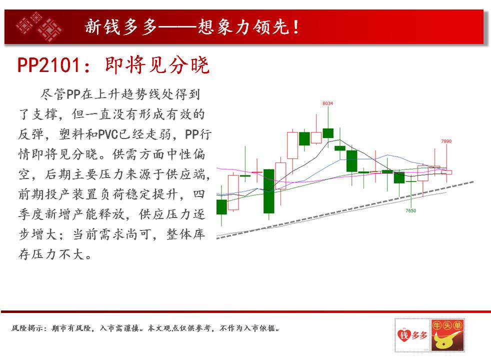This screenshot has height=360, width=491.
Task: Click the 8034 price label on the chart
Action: [327, 103]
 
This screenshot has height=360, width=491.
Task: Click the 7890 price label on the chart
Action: [446, 141]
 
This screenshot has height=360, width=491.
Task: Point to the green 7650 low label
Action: [411, 210]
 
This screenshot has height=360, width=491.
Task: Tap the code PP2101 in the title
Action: [49, 65]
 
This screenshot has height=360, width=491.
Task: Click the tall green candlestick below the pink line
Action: [268, 191]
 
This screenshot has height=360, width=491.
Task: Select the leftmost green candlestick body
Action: [221, 207]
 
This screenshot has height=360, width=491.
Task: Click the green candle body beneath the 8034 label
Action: [328, 133]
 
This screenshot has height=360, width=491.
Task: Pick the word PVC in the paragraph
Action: [108, 134]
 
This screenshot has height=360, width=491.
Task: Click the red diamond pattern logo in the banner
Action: [39, 27]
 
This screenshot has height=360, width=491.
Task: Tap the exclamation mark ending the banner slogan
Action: [296, 26]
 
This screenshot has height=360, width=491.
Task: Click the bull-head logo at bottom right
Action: [447, 335]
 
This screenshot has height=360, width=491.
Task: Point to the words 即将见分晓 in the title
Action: [157, 65]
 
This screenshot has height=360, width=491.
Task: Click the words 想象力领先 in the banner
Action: [243, 26]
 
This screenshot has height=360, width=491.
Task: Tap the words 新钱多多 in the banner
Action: [120, 26]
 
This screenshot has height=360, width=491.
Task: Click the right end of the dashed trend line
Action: [473, 181]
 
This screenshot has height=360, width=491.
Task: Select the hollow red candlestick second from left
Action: [233, 192]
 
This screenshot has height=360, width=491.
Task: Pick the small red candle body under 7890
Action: [446, 172]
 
